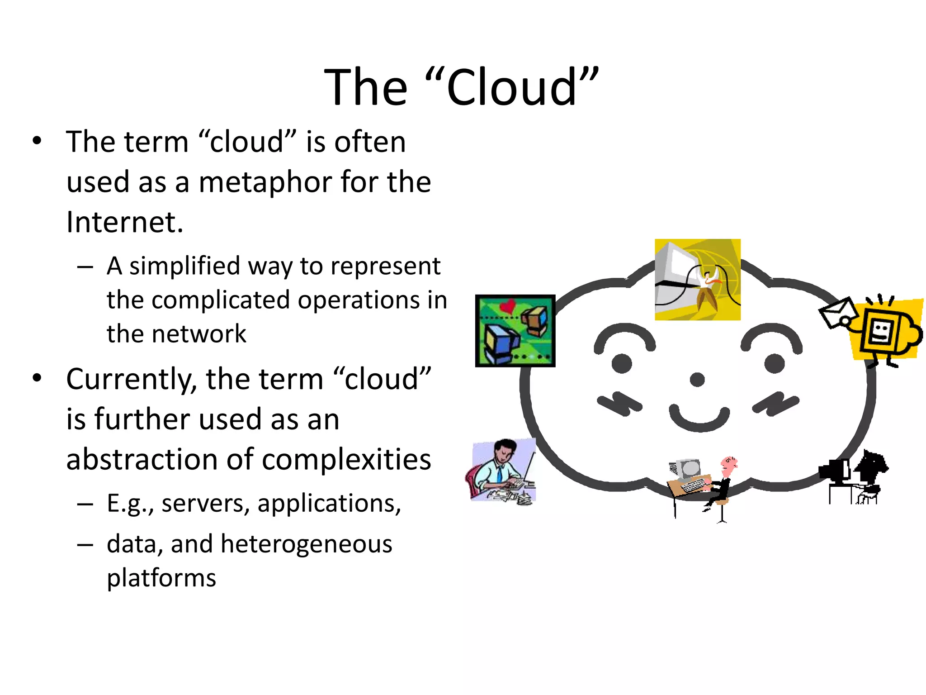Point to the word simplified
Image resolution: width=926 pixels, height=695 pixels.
[184, 266]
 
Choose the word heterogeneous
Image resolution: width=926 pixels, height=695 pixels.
[307, 543]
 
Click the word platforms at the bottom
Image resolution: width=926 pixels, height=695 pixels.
[161, 578]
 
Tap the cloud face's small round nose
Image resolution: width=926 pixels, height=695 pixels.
[697, 380]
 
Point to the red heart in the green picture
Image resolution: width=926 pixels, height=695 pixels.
[508, 307]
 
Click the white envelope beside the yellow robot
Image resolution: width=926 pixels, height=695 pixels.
[838, 312]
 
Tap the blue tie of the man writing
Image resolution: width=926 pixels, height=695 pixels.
[499, 474]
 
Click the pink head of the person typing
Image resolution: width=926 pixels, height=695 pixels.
[728, 465]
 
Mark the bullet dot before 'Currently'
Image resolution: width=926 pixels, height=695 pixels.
[37, 378]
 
